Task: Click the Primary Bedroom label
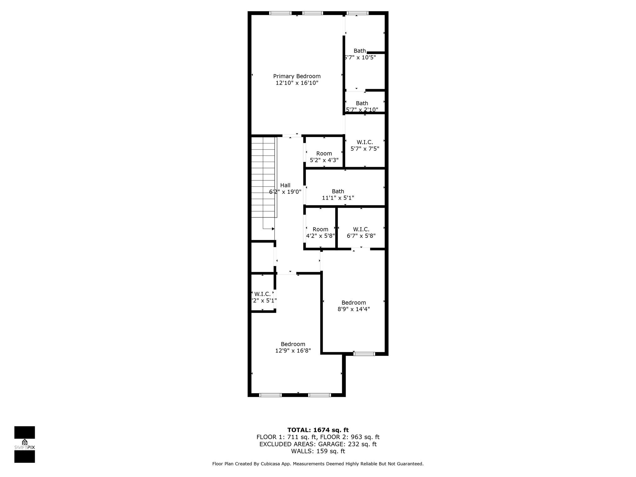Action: (x=297, y=76)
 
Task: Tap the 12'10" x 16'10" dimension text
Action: (x=297, y=83)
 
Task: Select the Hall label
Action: (x=285, y=185)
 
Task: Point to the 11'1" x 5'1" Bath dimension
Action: (x=338, y=198)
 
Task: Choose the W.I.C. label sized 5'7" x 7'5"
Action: (x=365, y=142)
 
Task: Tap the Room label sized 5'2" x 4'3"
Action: (x=324, y=153)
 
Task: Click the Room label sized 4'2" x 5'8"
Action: (x=320, y=229)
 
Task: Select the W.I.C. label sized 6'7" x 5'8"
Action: (x=361, y=229)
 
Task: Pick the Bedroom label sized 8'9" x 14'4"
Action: (x=353, y=302)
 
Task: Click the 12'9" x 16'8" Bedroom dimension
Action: (x=293, y=351)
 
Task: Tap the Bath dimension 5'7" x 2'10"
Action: (x=362, y=110)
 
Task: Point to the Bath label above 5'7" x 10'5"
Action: (x=360, y=51)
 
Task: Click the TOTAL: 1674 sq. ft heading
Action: (x=318, y=430)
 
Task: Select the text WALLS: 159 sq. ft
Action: (x=318, y=451)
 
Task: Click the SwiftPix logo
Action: (x=25, y=444)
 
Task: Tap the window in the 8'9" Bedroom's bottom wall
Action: (x=364, y=354)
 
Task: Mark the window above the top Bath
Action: (x=357, y=13)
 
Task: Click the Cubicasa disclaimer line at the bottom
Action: (x=318, y=464)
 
